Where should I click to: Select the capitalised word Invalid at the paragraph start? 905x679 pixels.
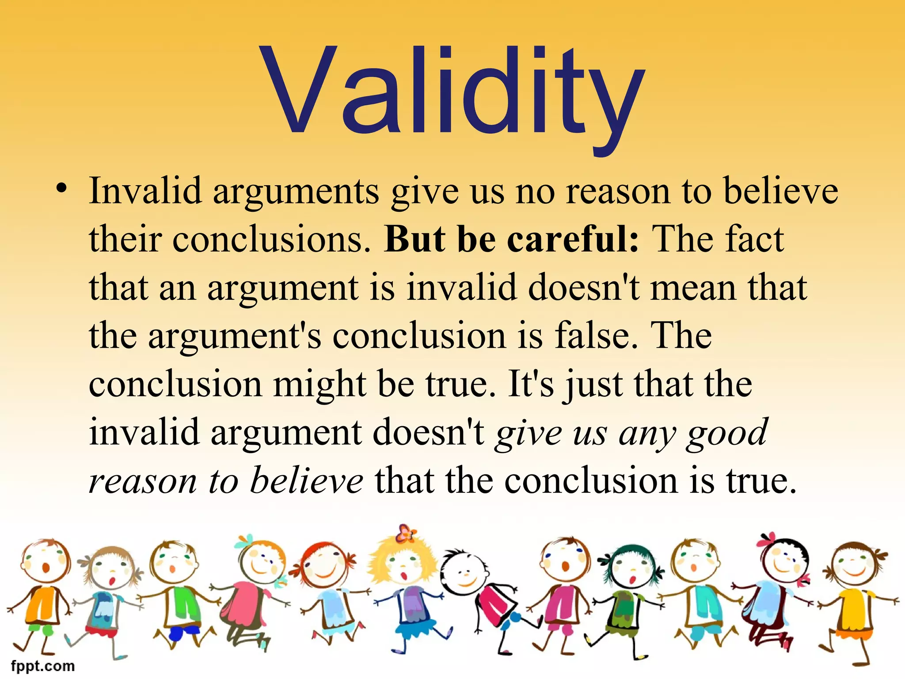point(145,191)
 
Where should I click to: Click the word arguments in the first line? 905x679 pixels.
point(296,193)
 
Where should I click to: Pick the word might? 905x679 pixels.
point(319,385)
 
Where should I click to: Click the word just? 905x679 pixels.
point(593,385)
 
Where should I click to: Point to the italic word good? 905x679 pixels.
point(727,433)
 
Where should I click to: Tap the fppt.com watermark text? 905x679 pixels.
point(43,666)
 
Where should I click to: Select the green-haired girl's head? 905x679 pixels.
point(630,565)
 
